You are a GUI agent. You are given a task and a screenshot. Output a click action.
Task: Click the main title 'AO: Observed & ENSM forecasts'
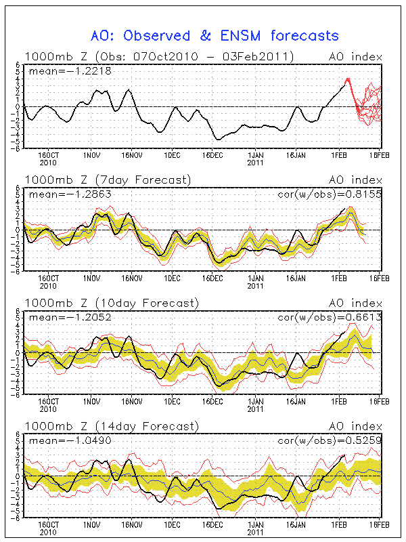point(215,35)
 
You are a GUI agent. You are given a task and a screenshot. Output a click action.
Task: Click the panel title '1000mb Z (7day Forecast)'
point(108,180)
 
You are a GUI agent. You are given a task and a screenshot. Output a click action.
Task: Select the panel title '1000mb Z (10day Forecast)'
point(111,303)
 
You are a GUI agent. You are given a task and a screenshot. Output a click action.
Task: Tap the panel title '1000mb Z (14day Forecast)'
point(111,426)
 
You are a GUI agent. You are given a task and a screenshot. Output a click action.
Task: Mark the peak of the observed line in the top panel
point(348,79)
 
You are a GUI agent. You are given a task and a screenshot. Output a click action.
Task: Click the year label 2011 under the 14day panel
point(255,533)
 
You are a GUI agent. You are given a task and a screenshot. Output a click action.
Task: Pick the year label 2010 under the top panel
point(48,163)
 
